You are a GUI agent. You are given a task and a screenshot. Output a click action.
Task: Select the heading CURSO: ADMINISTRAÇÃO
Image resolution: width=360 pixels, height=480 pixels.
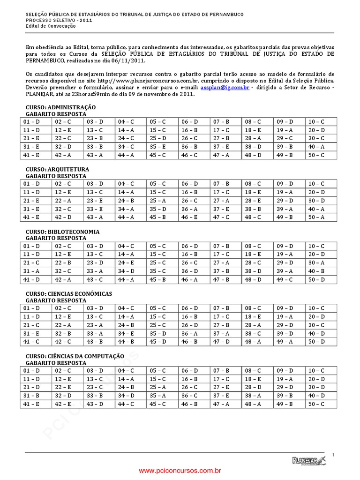(60, 107)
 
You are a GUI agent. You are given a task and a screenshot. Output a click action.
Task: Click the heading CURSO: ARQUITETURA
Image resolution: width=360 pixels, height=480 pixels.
(57, 169)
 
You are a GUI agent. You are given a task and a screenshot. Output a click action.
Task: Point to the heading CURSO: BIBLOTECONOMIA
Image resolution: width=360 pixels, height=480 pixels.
(62, 232)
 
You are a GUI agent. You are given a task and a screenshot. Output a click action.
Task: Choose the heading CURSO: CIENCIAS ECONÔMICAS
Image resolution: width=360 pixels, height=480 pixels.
(69, 293)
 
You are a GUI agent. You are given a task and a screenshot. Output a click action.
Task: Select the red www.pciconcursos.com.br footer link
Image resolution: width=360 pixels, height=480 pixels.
(180, 470)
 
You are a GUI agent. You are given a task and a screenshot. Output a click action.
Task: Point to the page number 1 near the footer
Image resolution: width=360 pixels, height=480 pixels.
(332, 455)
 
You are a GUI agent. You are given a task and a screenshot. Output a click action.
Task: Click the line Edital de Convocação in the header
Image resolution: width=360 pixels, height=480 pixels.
(50, 26)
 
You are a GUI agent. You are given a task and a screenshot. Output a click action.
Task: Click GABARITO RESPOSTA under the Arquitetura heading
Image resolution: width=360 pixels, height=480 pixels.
(56, 176)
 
